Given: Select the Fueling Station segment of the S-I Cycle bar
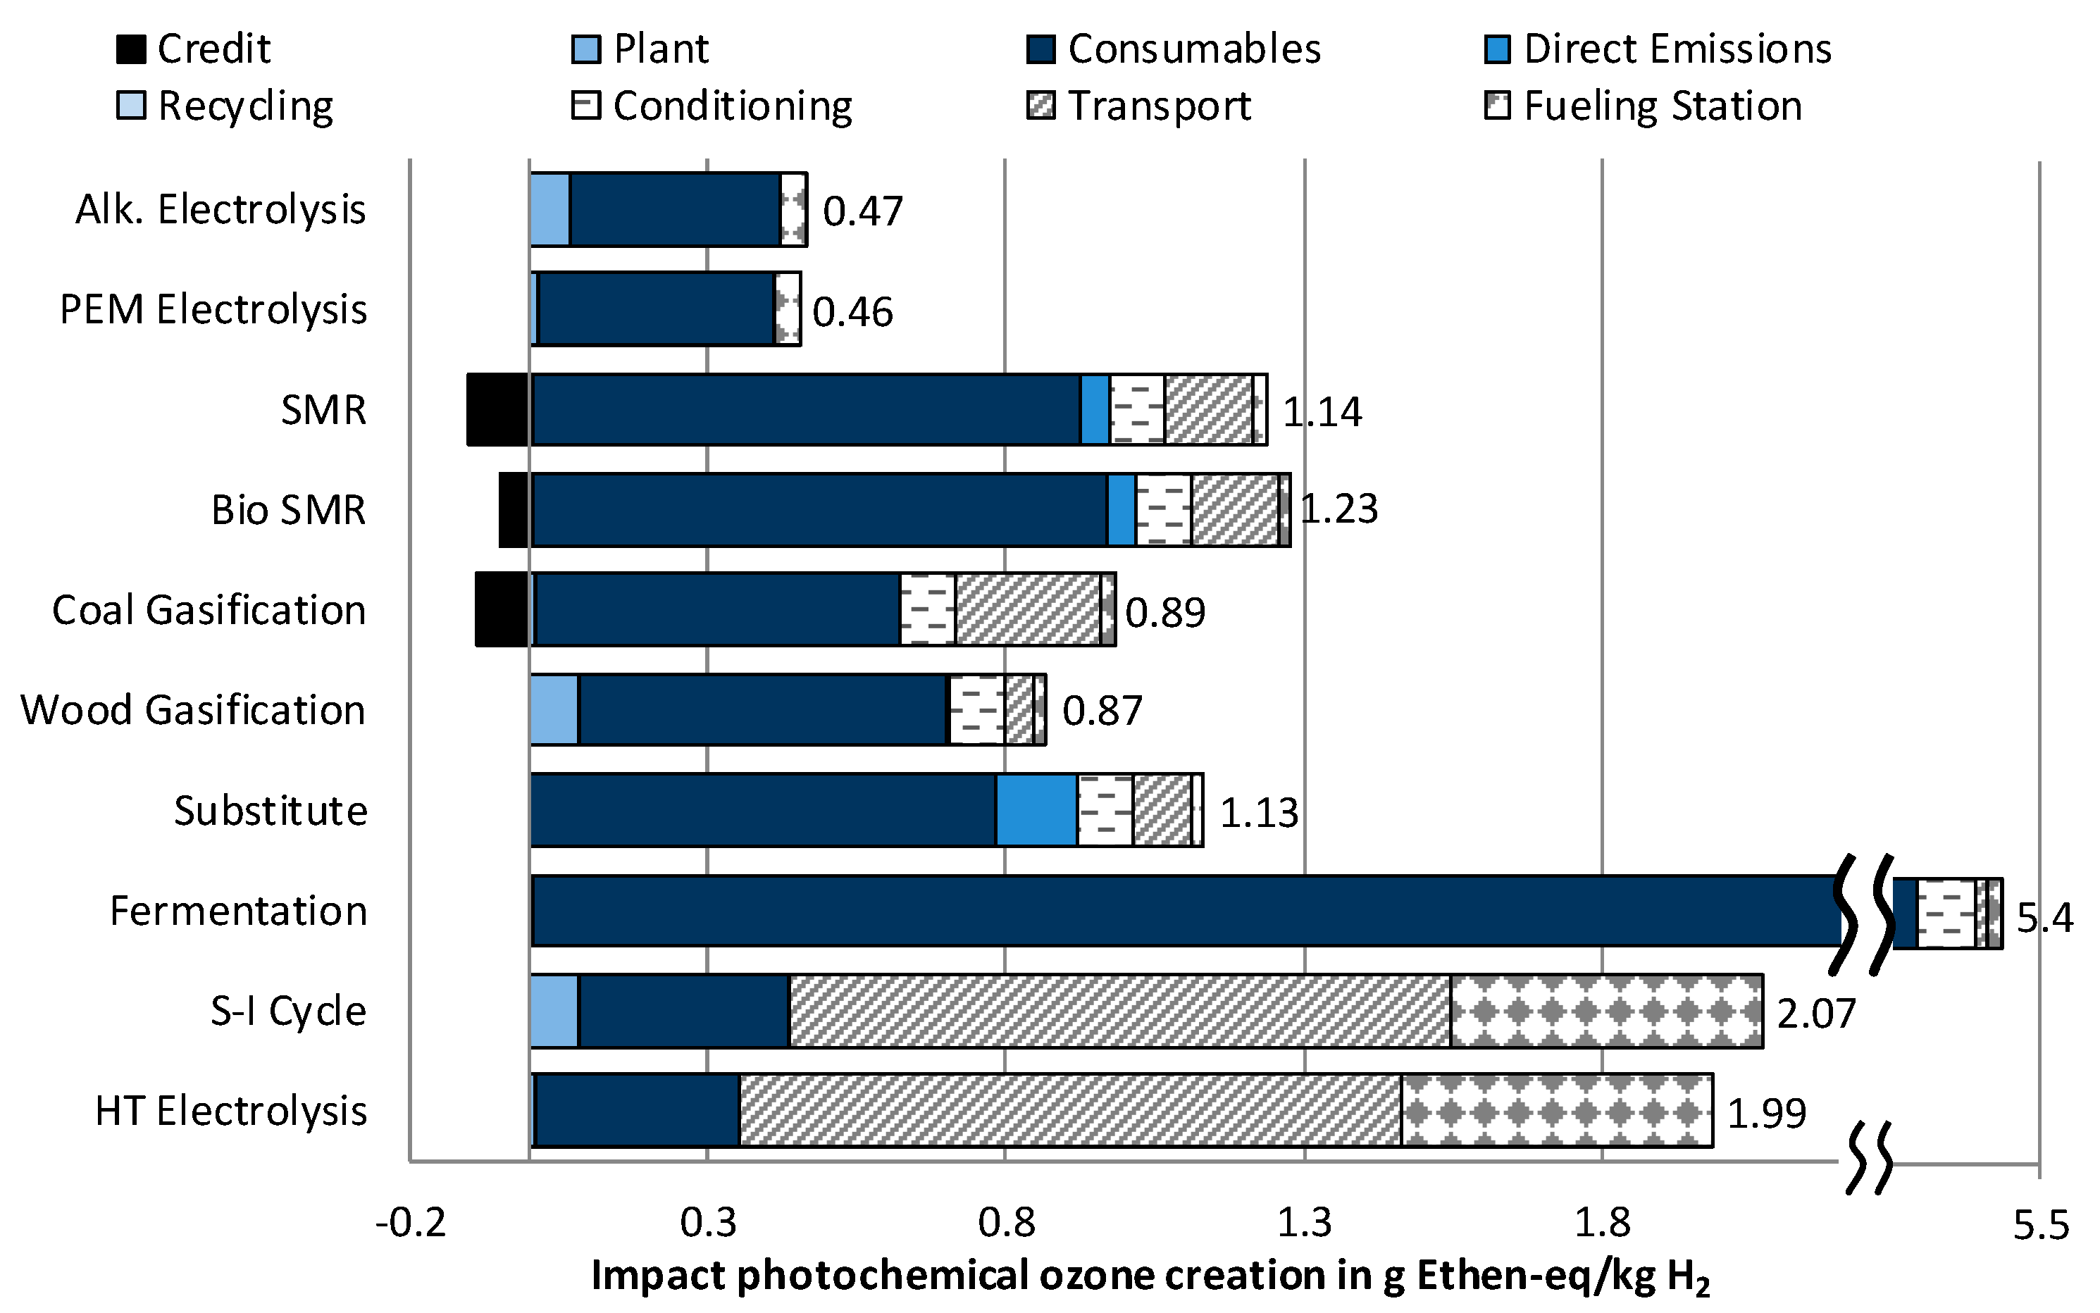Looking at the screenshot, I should coord(1606,1011).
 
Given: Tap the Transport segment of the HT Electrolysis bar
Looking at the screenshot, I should coord(1070,1111).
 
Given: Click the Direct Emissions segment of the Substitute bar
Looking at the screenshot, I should coord(1036,810).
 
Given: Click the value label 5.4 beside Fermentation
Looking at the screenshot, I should coord(2044,918).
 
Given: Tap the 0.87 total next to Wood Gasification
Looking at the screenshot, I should coord(1101,711).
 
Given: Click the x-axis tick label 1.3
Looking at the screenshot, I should coord(1303,1224).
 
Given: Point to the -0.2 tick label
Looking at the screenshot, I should coord(410,1224).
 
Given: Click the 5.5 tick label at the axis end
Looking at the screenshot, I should coord(2041,1225).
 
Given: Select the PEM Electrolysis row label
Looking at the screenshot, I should coord(213,310).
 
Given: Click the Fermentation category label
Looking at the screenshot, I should coord(238,911).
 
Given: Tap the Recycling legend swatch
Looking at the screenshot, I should coord(131,106).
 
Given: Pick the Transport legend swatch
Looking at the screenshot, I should coord(1040,106).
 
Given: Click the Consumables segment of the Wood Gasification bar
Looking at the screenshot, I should coord(762,710).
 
